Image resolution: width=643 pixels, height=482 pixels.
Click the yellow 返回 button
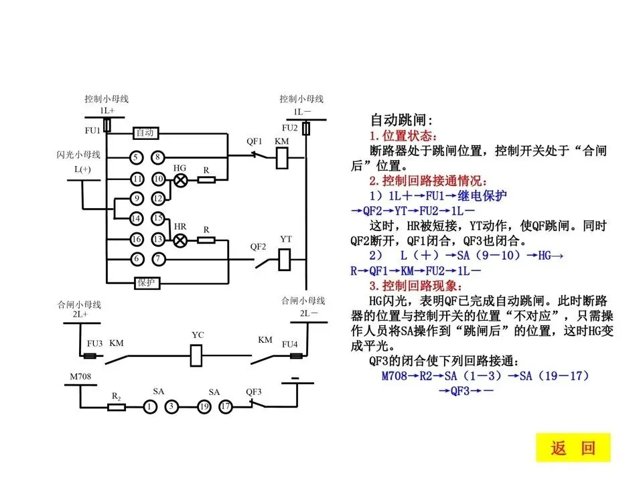[x=573, y=448]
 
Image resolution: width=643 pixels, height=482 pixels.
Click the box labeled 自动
[x=145, y=133]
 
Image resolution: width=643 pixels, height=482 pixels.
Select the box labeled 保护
[x=146, y=283]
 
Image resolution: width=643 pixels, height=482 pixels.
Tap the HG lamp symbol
[x=180, y=179]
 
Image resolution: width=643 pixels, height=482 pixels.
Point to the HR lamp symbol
[x=180, y=239]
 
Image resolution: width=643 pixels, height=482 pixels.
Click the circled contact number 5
[x=136, y=158]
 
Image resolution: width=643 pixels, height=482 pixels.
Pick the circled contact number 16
[x=136, y=239]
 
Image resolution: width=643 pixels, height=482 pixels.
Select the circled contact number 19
[x=204, y=406]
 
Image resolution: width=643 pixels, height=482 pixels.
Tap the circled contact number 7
[x=158, y=258]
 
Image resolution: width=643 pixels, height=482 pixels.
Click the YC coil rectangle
[x=197, y=354]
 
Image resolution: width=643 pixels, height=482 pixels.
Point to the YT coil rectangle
[x=284, y=258]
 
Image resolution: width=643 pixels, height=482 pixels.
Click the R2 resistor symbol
[x=116, y=406]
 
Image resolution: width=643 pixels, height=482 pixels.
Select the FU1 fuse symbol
[x=107, y=125]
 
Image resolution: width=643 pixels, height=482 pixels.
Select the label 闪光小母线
[x=78, y=155]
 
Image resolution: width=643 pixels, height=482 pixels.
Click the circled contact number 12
[x=158, y=199]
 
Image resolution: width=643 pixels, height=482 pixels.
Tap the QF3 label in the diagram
[x=253, y=392]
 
